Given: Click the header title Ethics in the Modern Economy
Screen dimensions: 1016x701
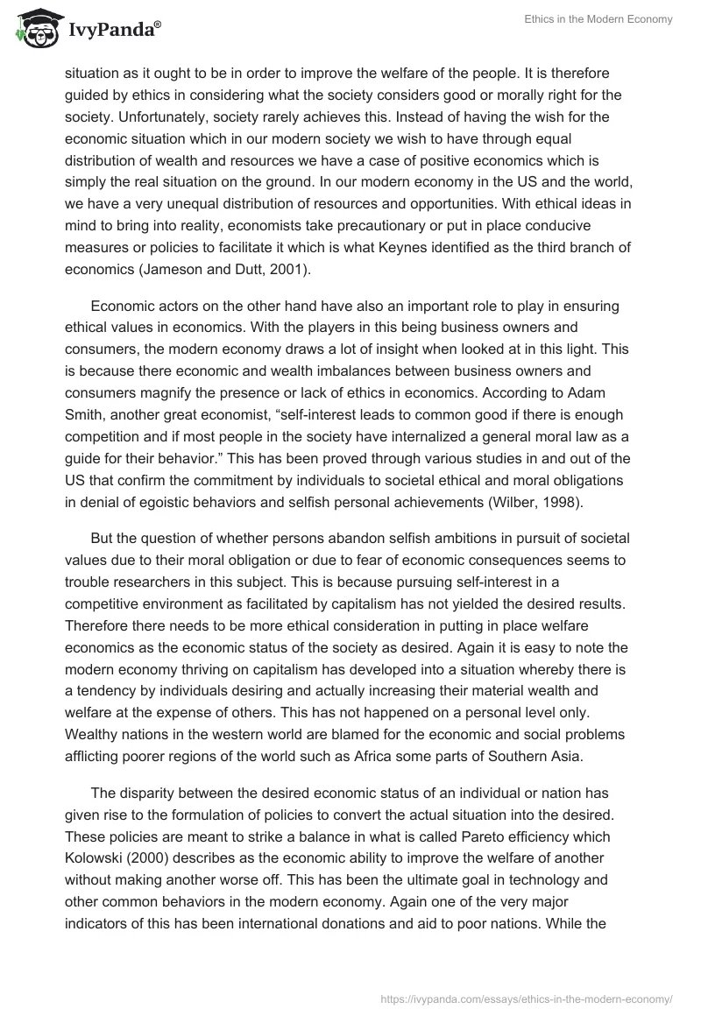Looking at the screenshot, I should pyautogui.click(x=598, y=20).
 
